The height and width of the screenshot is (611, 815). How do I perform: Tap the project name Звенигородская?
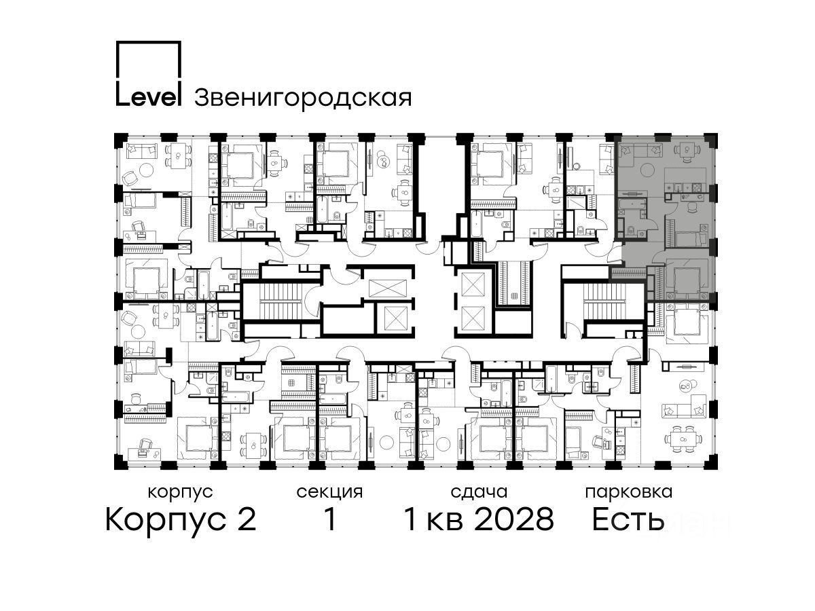click(x=303, y=98)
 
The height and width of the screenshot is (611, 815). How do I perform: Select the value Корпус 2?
click(x=181, y=520)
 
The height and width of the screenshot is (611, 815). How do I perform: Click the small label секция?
click(x=329, y=492)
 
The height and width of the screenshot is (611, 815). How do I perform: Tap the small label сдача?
click(x=479, y=492)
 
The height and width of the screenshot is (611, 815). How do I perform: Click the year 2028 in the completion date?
click(x=514, y=519)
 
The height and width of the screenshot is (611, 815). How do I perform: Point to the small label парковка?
click(x=629, y=492)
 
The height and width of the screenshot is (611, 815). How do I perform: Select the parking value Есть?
click(x=628, y=519)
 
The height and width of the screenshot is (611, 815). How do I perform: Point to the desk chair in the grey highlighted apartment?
click(x=692, y=207)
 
